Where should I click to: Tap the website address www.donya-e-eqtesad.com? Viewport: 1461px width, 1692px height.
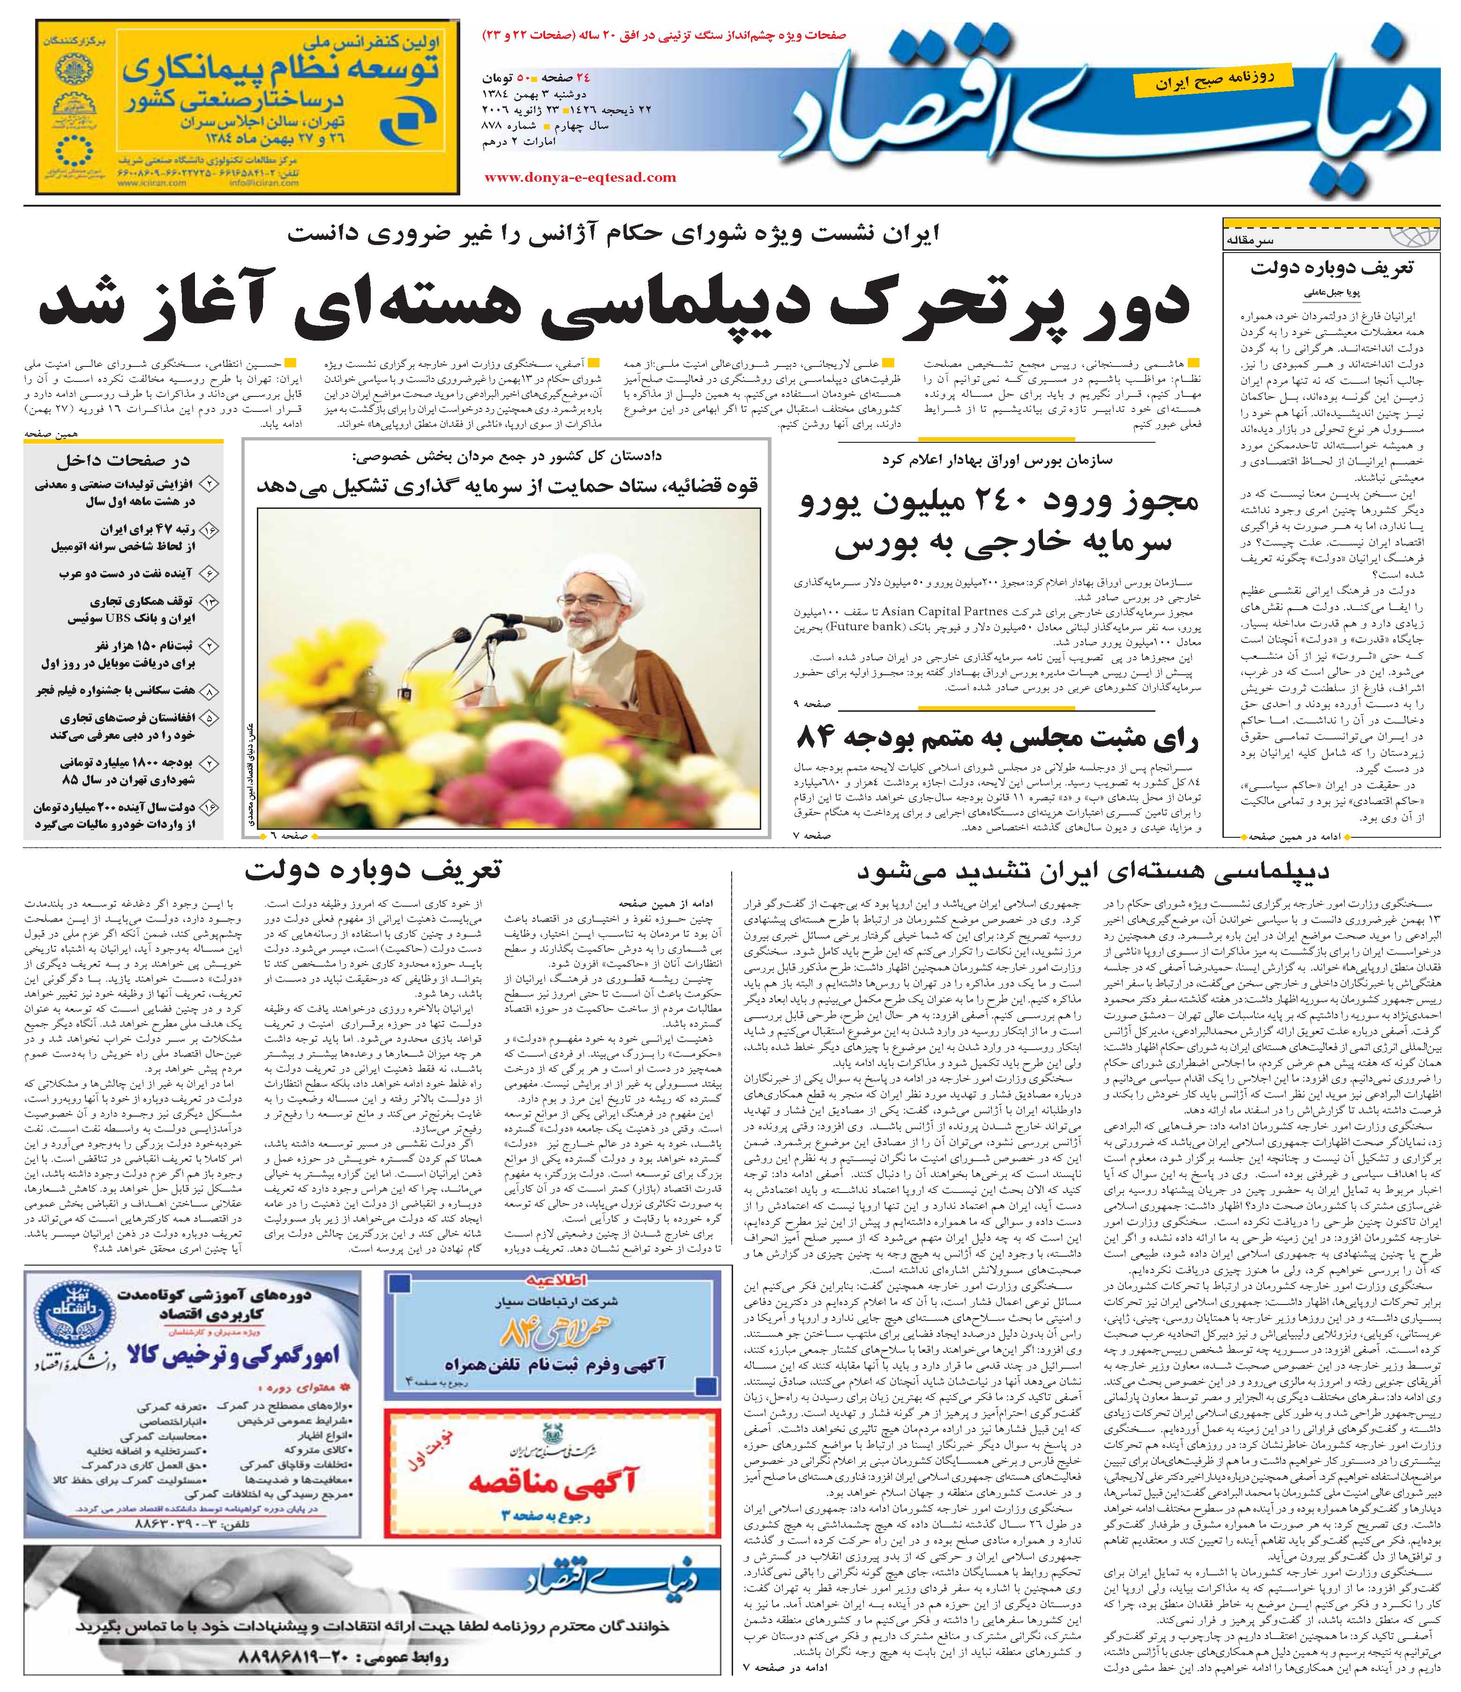(580, 177)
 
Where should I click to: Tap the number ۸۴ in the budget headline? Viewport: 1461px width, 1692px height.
(817, 738)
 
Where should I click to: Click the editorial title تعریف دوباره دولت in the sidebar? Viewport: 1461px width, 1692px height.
(1332, 268)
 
